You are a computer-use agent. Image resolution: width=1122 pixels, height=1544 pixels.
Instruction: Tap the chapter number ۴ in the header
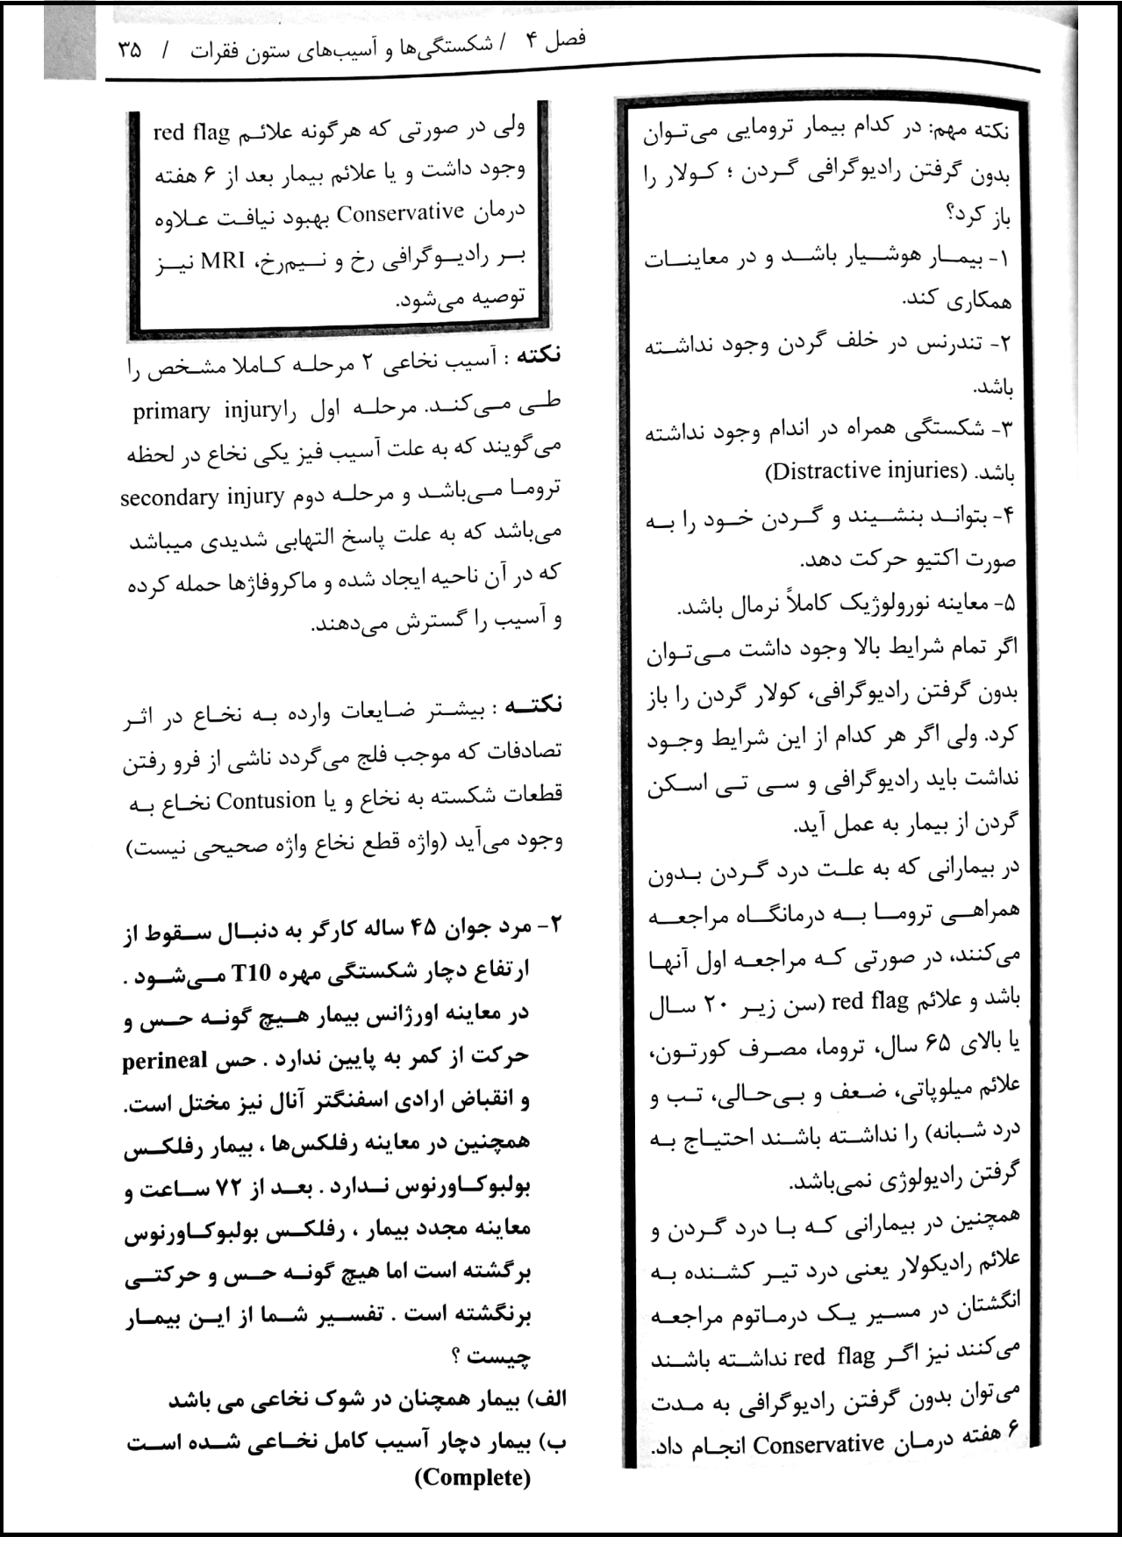(x=530, y=41)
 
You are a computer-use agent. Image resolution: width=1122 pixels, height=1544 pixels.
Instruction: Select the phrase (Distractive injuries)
(x=866, y=471)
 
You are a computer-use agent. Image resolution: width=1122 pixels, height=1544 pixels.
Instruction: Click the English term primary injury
(x=206, y=411)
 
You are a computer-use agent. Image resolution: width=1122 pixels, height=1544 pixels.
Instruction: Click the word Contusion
(x=266, y=800)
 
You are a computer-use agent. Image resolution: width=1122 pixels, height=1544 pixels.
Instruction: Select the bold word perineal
(x=165, y=1061)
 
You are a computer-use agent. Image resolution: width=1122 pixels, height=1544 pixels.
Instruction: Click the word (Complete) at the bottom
(x=473, y=1477)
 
